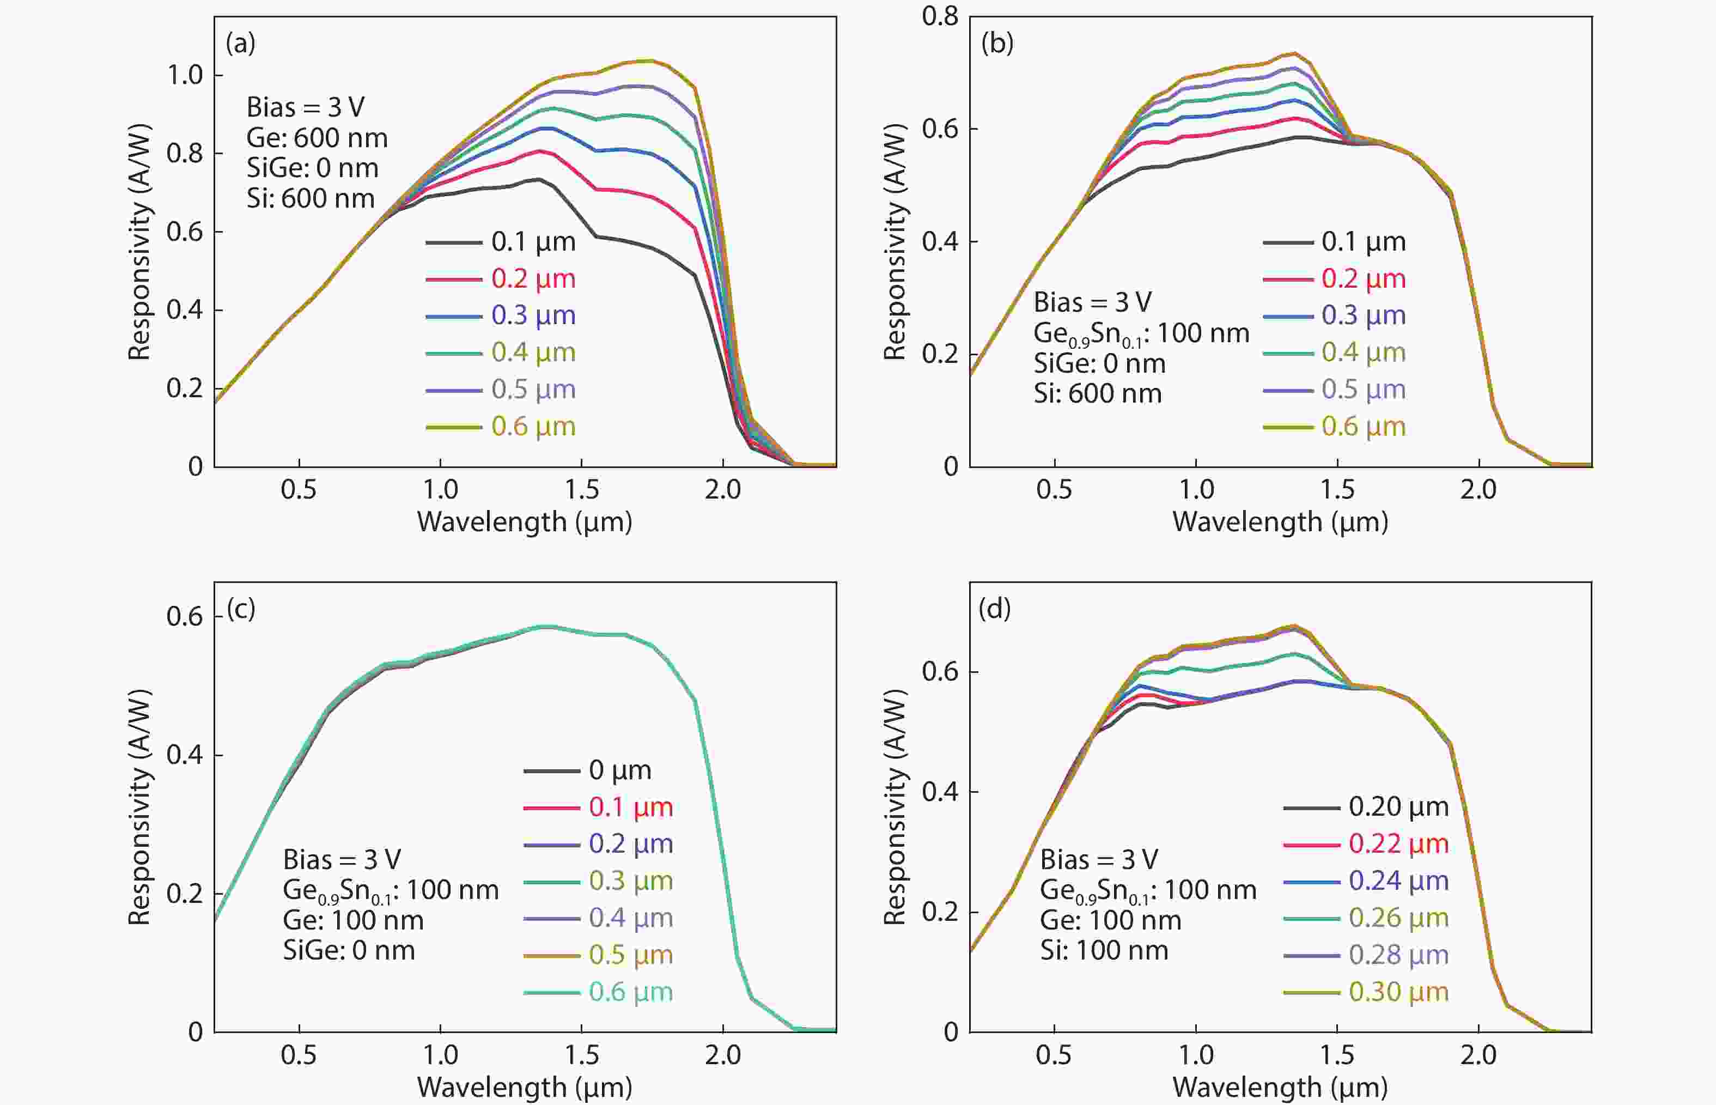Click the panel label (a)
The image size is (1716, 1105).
240,44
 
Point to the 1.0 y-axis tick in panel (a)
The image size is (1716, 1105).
185,75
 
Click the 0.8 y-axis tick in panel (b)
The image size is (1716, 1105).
940,16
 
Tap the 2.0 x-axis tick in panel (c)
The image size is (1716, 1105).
722,1055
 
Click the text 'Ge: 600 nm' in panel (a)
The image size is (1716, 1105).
317,138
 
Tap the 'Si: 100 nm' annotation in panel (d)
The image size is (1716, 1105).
1104,951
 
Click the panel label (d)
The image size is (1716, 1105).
995,609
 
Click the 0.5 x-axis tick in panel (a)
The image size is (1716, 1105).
299,490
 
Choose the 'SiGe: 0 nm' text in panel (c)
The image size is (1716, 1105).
349,951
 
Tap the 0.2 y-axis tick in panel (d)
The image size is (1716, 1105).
940,912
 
